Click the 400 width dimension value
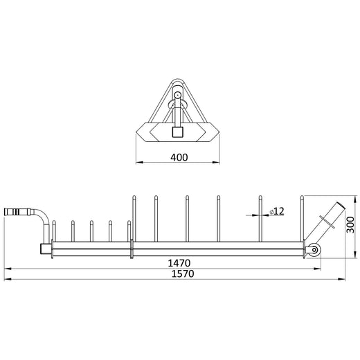[179, 157]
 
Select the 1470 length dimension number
[178, 264]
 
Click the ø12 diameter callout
[277, 210]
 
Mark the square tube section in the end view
[178, 132]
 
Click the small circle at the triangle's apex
[178, 94]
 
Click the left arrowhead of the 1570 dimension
[6, 280]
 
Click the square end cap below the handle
[44, 248]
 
